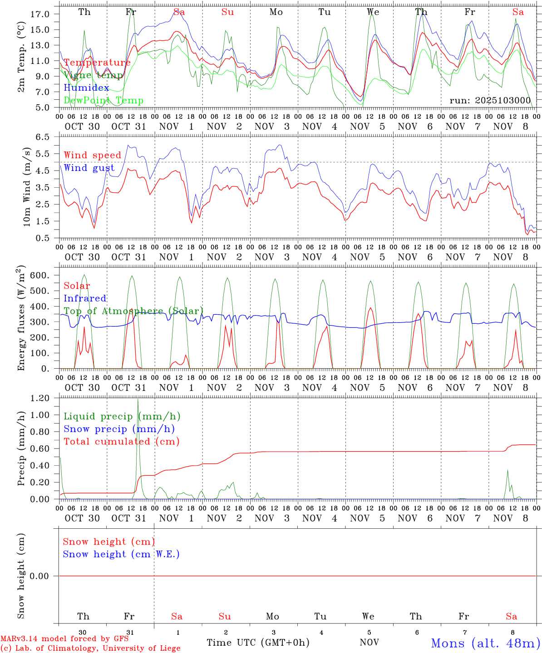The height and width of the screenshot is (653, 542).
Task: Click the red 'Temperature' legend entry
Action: point(97,63)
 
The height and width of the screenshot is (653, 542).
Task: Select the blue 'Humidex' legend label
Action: point(86,88)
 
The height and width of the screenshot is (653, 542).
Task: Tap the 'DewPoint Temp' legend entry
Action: point(103,100)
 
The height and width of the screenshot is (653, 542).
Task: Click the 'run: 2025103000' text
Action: point(490,101)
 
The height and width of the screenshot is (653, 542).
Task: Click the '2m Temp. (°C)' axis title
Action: point(21,62)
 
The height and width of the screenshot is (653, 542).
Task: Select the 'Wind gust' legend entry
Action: point(89,168)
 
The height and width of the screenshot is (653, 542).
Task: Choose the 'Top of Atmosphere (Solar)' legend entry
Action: point(133,311)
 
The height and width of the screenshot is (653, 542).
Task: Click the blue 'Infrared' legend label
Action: point(85,298)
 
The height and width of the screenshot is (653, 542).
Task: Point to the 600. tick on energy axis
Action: point(40,275)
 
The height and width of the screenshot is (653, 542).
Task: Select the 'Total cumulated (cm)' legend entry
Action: point(121,441)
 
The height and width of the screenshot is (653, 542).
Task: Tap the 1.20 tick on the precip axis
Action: point(40,398)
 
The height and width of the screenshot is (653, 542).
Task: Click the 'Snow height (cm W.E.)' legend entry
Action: point(121,554)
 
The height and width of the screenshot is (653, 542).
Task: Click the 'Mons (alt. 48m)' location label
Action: point(485,643)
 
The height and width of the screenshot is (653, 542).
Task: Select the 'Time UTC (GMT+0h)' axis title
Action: point(258,643)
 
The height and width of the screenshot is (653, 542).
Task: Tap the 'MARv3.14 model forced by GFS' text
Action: point(64,638)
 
